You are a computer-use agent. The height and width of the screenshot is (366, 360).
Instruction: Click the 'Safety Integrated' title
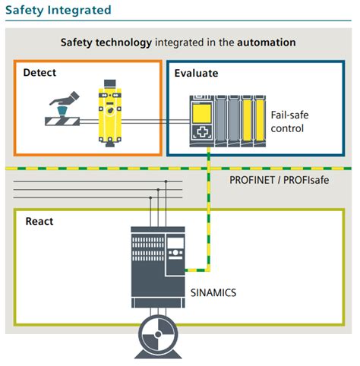click(58, 11)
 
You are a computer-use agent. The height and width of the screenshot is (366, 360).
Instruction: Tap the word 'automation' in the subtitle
click(267, 43)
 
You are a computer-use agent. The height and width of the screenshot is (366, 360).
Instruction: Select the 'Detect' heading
click(39, 73)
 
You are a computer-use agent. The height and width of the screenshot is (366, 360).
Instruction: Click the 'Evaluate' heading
click(196, 73)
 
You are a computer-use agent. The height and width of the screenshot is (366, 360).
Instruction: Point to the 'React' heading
click(39, 221)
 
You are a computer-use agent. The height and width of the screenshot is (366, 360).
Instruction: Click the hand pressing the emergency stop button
click(65, 99)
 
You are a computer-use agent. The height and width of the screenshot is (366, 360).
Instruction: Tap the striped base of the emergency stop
click(62, 121)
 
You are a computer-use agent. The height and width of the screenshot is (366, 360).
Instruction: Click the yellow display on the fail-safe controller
click(202, 113)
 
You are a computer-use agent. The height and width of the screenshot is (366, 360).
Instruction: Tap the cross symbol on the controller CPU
click(202, 132)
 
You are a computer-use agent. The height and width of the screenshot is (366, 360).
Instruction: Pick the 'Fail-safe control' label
click(289, 121)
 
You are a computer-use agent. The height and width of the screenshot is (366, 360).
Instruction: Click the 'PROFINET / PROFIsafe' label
click(279, 180)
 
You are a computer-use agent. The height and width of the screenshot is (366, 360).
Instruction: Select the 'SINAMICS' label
click(213, 293)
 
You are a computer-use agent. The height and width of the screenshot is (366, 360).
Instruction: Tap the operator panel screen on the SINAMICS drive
click(175, 243)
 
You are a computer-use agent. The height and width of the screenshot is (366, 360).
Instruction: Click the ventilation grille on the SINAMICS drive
click(148, 249)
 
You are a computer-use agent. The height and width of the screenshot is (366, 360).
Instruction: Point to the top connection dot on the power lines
click(166, 181)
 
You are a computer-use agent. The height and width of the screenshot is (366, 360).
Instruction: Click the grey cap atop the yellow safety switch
click(110, 84)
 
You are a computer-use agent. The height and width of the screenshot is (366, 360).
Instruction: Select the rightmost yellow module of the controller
click(260, 120)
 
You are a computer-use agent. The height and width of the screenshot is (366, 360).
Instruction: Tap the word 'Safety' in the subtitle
click(77, 43)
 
